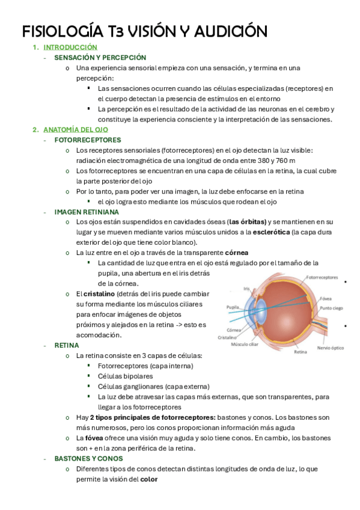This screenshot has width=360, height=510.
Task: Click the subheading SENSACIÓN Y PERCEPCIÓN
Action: click(100, 58)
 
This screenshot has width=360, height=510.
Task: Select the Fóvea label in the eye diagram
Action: click(326, 298)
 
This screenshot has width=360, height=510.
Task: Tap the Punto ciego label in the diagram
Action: click(331, 308)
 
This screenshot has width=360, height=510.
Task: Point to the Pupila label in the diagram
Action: click(233, 307)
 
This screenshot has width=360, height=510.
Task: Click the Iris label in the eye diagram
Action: click(246, 289)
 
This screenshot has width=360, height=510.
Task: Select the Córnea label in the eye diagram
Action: click(234, 330)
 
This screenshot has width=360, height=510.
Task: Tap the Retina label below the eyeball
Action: click(301, 352)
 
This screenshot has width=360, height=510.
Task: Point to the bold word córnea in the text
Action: click(236, 253)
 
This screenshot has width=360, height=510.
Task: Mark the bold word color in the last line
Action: click(148, 479)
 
